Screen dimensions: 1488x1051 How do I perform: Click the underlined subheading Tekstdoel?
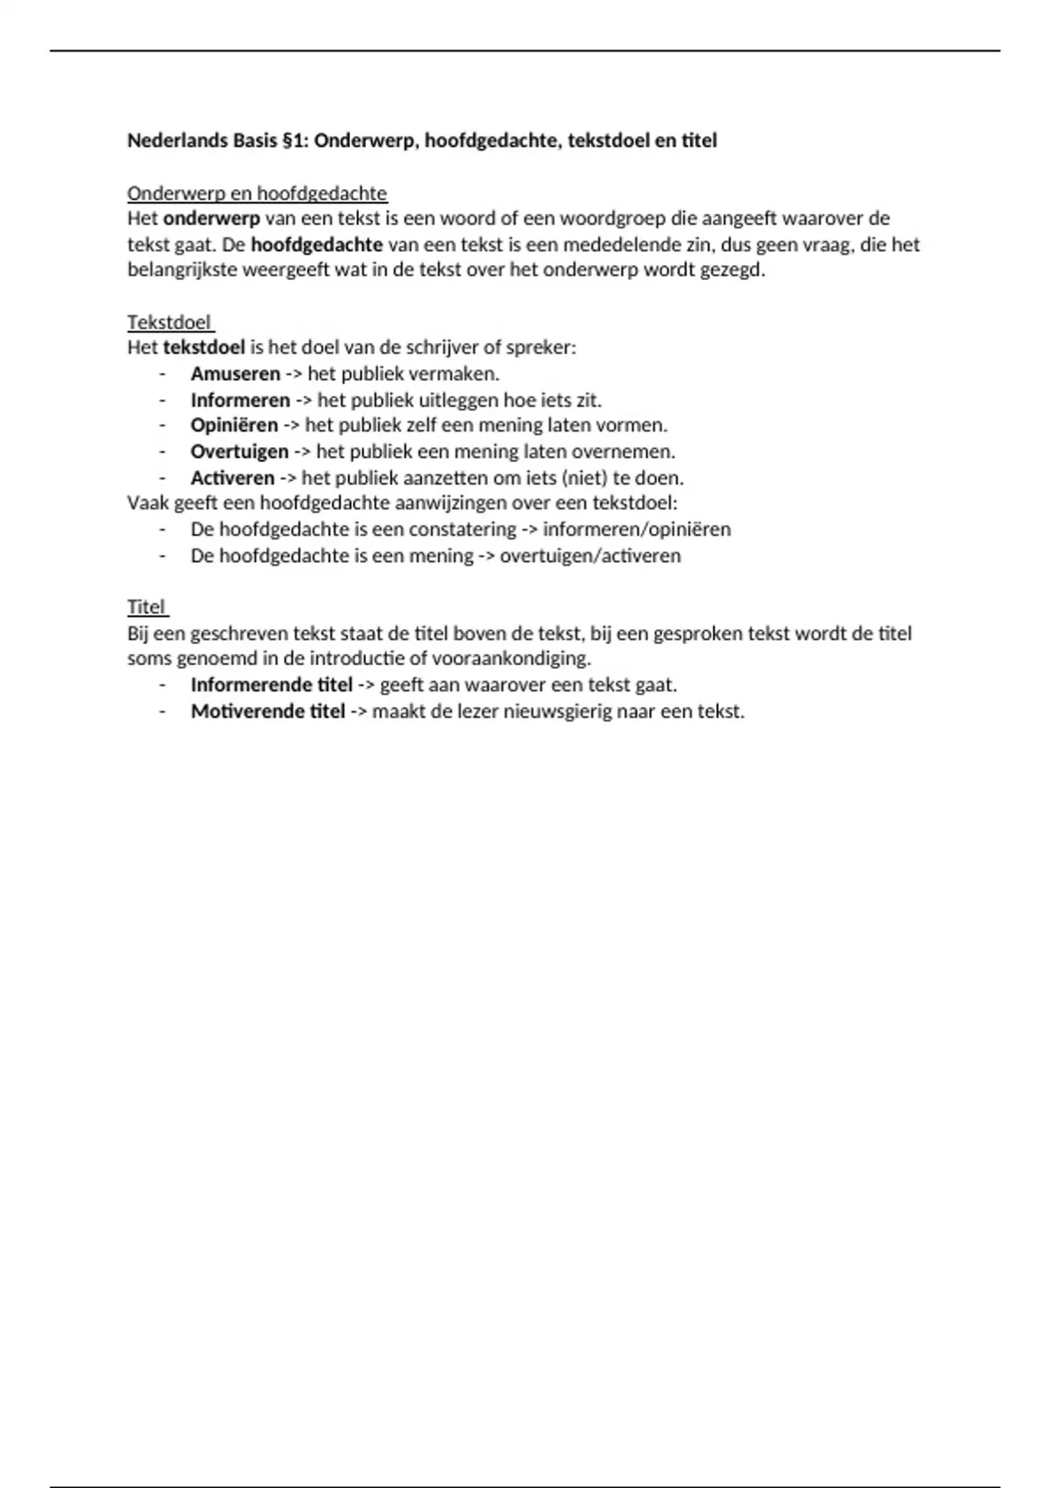coord(169,322)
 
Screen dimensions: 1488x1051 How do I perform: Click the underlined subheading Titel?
coord(146,607)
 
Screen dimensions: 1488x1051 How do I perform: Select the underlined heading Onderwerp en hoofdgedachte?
coord(257,193)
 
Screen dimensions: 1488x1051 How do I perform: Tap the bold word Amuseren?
coord(235,374)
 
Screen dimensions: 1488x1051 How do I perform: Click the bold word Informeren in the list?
coord(240,400)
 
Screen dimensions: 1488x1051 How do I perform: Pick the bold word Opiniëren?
coord(234,425)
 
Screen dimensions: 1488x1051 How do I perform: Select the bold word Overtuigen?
coord(239,452)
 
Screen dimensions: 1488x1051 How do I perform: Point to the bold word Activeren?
coord(232,478)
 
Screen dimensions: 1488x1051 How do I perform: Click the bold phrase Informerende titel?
coord(272,684)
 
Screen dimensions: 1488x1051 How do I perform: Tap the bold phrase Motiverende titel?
coord(268,711)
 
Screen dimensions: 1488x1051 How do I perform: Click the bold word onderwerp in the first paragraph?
coord(211,218)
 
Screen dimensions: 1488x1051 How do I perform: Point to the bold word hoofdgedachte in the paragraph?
coord(316,244)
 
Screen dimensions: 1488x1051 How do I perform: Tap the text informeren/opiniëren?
coord(637,530)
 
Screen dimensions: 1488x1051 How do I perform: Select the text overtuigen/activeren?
coord(589,556)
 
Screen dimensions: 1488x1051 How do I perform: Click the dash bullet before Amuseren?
coord(162,374)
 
